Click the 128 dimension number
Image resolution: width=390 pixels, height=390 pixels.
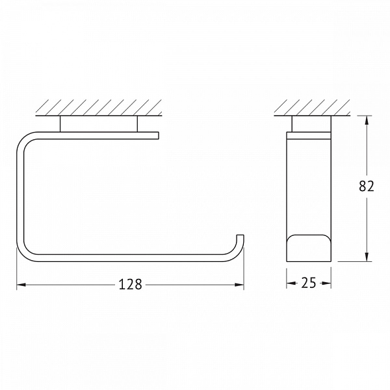[x=131, y=284]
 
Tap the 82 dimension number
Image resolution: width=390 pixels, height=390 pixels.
[x=367, y=186]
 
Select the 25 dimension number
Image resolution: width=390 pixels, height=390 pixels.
[x=308, y=283]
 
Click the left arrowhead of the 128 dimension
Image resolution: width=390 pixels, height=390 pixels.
[x=21, y=285]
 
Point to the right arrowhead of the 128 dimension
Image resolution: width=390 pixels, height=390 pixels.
[x=239, y=285]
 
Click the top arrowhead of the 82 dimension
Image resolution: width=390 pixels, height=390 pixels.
[x=367, y=121]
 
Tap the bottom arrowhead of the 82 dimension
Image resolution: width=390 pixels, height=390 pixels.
[x=367, y=257]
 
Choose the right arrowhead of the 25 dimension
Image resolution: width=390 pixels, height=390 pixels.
[x=326, y=283]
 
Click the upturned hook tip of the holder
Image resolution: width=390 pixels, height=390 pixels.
[x=240, y=236]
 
